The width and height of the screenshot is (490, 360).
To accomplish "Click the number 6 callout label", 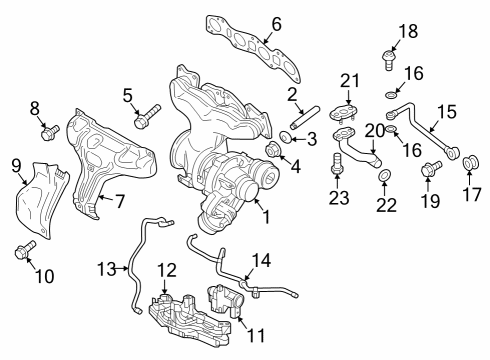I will click(276, 23).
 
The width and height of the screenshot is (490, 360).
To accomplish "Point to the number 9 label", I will click(15, 164).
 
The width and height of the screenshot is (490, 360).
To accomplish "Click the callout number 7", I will click(118, 202).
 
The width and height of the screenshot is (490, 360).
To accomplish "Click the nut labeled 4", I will click(271, 152).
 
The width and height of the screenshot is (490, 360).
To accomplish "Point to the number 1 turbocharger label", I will click(265, 216).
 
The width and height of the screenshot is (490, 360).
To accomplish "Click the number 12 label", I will click(166, 269).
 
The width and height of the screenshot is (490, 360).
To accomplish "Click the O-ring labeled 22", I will click(385, 177).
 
